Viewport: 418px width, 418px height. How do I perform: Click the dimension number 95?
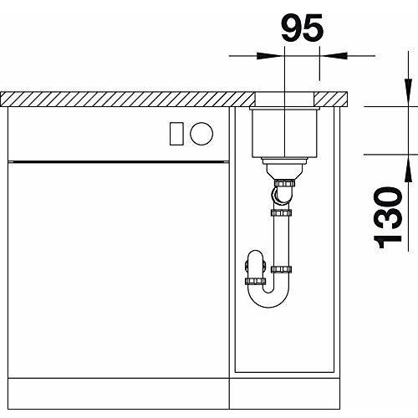(303, 28)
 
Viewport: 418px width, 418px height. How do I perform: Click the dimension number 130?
(387, 217)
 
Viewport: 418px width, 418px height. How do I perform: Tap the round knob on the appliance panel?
(201, 134)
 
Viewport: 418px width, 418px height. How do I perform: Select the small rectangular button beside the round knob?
(176, 134)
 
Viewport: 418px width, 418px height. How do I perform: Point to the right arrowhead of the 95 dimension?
(334, 56)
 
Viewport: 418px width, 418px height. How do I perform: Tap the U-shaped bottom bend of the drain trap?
(268, 298)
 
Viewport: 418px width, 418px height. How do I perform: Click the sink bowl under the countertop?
(284, 133)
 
